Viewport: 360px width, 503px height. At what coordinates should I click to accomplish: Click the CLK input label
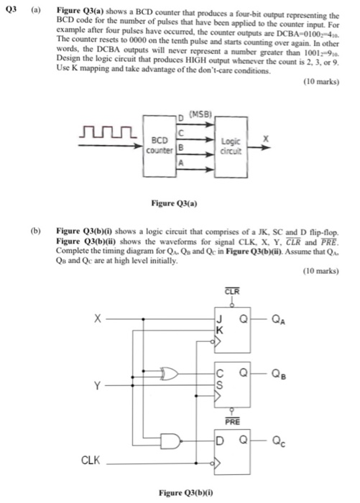(90, 460)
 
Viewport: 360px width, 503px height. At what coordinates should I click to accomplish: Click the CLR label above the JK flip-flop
(231, 291)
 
